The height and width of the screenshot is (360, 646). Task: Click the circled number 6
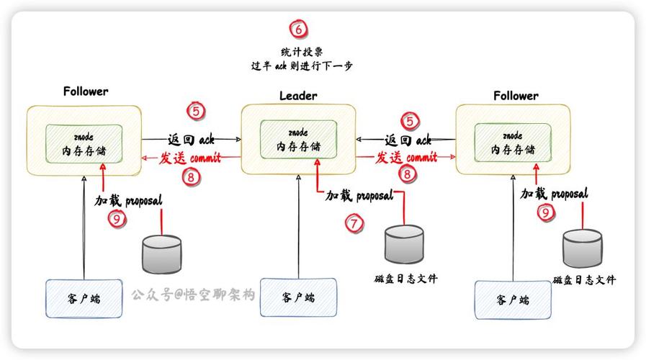tap(298, 30)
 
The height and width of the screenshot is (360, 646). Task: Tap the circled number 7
tap(354, 223)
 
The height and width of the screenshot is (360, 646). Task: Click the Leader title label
tap(298, 96)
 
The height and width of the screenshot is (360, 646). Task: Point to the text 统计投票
tap(301, 52)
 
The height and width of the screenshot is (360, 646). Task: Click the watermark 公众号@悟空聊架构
tap(193, 294)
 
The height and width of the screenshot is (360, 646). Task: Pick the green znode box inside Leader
tap(298, 140)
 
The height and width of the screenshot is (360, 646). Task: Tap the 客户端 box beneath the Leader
tap(298, 297)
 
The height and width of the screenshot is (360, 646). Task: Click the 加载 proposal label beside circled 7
tap(359, 195)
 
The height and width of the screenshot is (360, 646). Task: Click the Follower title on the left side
tap(86, 91)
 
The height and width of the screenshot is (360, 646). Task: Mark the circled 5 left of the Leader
tap(196, 111)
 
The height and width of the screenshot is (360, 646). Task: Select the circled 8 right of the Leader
tap(408, 174)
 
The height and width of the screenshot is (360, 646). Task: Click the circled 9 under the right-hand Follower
tap(547, 212)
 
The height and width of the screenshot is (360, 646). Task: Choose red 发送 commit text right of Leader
tap(408, 157)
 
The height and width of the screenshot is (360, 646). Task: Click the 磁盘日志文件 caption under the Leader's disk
tap(405, 279)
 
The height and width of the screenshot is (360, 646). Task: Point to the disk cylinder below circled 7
tap(404, 246)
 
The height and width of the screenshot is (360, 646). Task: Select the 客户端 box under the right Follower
tap(513, 300)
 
